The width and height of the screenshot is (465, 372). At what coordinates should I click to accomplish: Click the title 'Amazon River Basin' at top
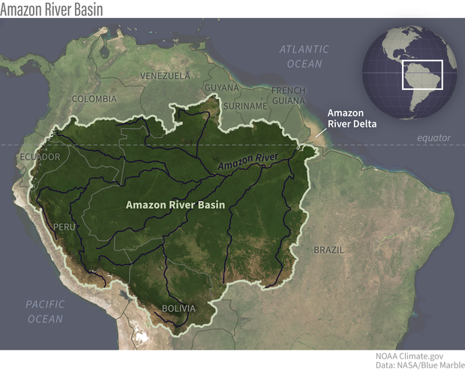point(52,8)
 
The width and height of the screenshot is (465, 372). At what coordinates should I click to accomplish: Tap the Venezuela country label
point(165,76)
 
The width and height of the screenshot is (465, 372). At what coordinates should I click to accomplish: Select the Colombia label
point(94,99)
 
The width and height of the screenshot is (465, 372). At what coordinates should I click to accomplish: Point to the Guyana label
point(221,88)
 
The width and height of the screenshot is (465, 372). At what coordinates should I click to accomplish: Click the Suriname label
point(246,106)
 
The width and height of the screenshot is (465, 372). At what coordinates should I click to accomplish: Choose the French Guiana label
point(287,95)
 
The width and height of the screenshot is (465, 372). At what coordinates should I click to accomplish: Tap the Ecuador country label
point(38,157)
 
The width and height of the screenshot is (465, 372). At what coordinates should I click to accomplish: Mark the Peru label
point(65,226)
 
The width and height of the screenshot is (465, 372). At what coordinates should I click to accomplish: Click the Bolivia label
point(178,308)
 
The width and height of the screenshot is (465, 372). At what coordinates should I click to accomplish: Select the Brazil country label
point(328,249)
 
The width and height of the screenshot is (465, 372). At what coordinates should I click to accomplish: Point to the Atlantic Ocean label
point(304,56)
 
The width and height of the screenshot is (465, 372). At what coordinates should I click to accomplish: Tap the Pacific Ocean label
point(45,311)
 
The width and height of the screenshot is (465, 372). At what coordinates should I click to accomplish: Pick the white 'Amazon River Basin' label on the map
point(175,204)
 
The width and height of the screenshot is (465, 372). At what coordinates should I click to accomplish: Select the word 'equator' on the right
point(434,138)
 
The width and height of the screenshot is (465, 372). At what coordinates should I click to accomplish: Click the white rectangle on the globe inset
point(423,74)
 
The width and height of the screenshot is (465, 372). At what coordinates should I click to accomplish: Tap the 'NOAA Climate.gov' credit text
point(419,355)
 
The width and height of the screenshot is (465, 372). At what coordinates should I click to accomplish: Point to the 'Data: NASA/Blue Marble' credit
point(416,365)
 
